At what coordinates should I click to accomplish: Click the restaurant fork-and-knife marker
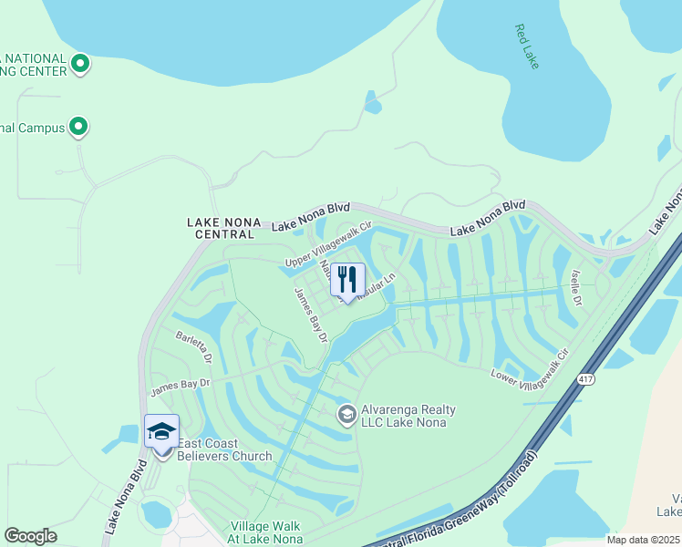[x=347, y=279]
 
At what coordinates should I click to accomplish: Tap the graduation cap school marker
[x=161, y=431]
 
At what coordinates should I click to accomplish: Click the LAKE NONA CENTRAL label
[x=223, y=228]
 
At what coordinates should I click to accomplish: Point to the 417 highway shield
[x=584, y=377]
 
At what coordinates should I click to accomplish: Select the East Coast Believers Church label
[x=224, y=449]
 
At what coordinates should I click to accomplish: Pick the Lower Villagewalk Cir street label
[x=530, y=365]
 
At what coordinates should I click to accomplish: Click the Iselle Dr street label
[x=575, y=288]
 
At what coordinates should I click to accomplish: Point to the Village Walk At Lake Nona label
[x=266, y=532]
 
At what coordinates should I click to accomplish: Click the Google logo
[x=30, y=536]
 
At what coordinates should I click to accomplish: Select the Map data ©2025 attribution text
[x=644, y=540]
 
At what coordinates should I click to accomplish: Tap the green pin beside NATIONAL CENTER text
[x=80, y=64]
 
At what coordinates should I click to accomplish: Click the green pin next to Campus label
[x=78, y=127]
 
